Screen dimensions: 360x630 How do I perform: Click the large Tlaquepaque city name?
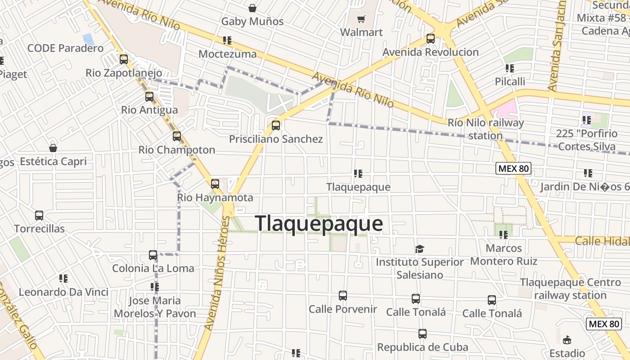pos(319,224)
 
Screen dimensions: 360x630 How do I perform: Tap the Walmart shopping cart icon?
pos(361,19)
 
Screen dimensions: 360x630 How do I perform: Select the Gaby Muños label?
pos(252,21)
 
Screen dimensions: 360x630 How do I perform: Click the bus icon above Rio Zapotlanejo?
pos(124,59)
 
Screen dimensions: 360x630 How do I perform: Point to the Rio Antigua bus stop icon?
pos(149,97)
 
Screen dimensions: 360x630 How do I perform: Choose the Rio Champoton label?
pos(177,150)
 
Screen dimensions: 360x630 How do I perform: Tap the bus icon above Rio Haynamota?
pos(215,184)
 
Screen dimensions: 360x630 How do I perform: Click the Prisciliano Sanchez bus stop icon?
pos(276,126)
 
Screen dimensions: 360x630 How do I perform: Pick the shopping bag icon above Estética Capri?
pos(53,148)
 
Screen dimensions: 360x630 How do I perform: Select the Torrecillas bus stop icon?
pos(39,216)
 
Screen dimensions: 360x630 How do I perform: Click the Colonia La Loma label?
pos(153,269)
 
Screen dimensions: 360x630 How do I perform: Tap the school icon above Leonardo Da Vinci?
pos(63,279)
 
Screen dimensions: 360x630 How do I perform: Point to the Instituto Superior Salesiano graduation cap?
pos(419,249)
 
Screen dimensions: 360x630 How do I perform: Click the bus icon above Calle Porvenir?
pos(343,296)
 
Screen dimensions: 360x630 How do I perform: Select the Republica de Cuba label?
pos(423,347)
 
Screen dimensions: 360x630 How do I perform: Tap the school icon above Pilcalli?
pos(509,68)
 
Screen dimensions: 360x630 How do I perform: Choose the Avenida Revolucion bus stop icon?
pos(431,39)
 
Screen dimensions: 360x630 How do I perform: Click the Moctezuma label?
pos(228,54)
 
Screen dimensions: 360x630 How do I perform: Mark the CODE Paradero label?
pos(65,48)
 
